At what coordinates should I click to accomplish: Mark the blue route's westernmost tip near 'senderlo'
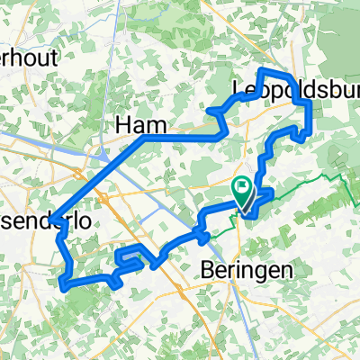pos(52,220)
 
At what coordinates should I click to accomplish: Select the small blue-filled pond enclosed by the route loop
pos(131,259)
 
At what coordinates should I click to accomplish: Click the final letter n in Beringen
pos(265,269)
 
